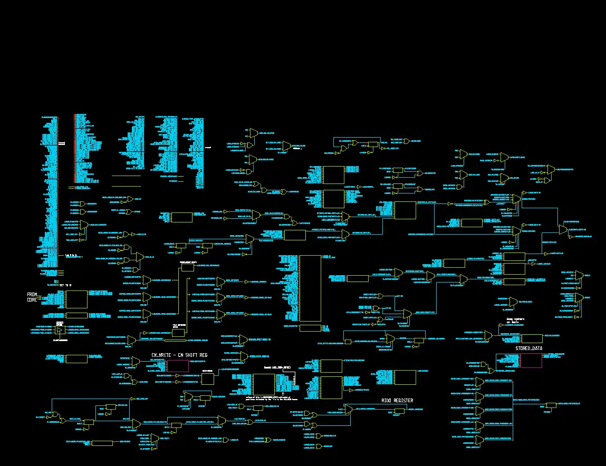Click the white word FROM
click(33, 295)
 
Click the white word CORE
click(33, 300)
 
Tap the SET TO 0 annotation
click(65, 285)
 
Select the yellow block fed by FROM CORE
click(76, 299)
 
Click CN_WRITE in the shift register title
click(162, 355)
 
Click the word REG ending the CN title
click(204, 355)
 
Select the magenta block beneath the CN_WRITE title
click(178, 366)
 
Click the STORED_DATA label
click(528, 348)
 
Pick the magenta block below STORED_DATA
click(531, 361)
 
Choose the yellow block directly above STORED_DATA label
click(531, 338)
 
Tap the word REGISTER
click(405, 401)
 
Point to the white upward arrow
click(283, 393)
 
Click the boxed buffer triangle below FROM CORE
click(60, 330)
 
